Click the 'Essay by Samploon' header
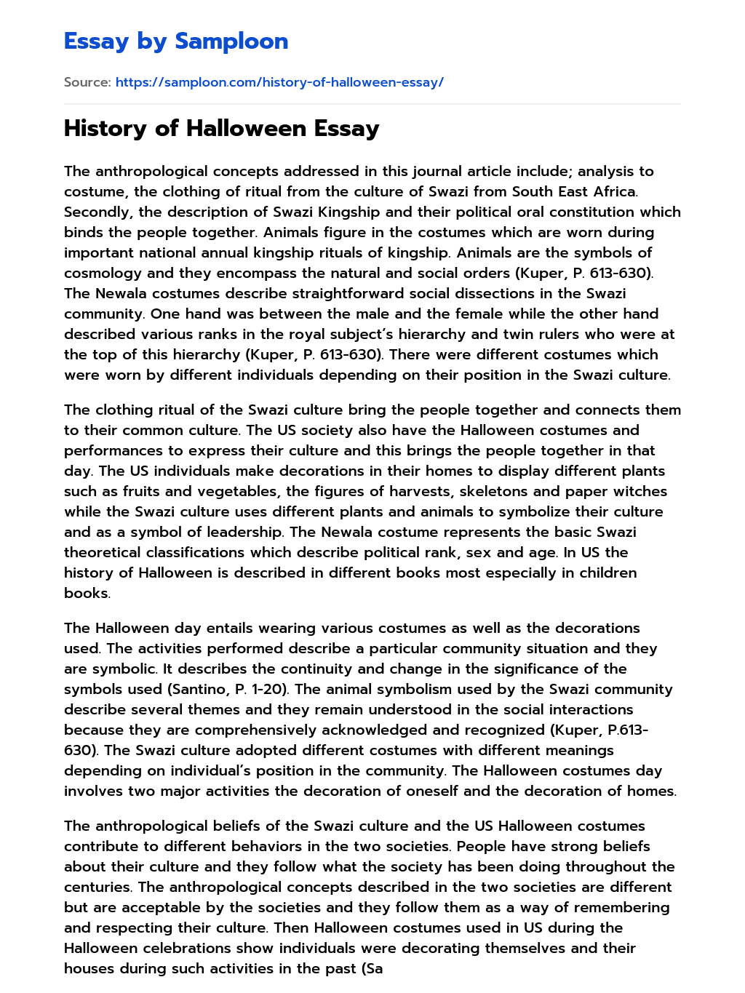click(x=176, y=41)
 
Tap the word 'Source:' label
click(x=87, y=82)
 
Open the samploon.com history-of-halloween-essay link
click(x=279, y=82)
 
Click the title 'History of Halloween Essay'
click(x=221, y=129)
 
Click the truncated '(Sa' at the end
click(x=372, y=969)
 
